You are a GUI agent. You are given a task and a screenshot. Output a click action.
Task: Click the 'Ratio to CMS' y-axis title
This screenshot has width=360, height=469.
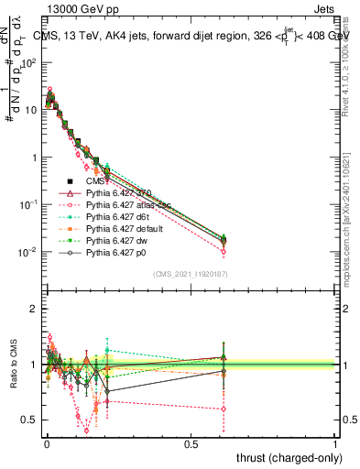12,365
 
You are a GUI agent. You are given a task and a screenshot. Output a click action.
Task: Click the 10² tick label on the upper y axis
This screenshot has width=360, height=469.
28,62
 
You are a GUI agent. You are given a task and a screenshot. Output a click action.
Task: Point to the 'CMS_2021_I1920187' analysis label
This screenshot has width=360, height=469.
189,274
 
